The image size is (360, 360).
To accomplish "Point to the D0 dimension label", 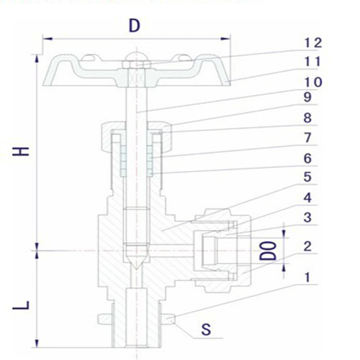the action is coord(268,251).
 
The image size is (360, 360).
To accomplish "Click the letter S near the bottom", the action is coord(206,329).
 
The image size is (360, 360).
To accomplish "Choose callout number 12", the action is coord(313,43).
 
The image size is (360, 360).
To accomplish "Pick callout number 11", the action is coord(312,62).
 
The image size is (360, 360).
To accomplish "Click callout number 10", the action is coord(313,82).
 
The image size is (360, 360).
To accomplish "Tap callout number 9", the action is coord(308,97).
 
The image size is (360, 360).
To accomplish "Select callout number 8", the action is coord(308,118).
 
